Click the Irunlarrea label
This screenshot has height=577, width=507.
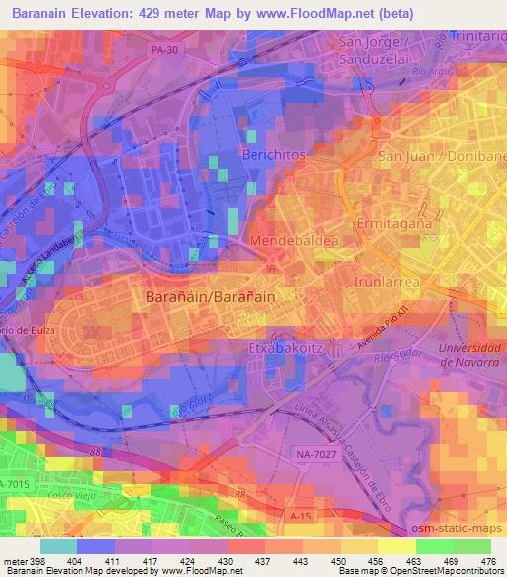[387, 282]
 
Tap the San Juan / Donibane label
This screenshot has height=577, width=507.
[442, 157]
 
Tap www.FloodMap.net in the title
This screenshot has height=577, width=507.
[310, 12]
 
